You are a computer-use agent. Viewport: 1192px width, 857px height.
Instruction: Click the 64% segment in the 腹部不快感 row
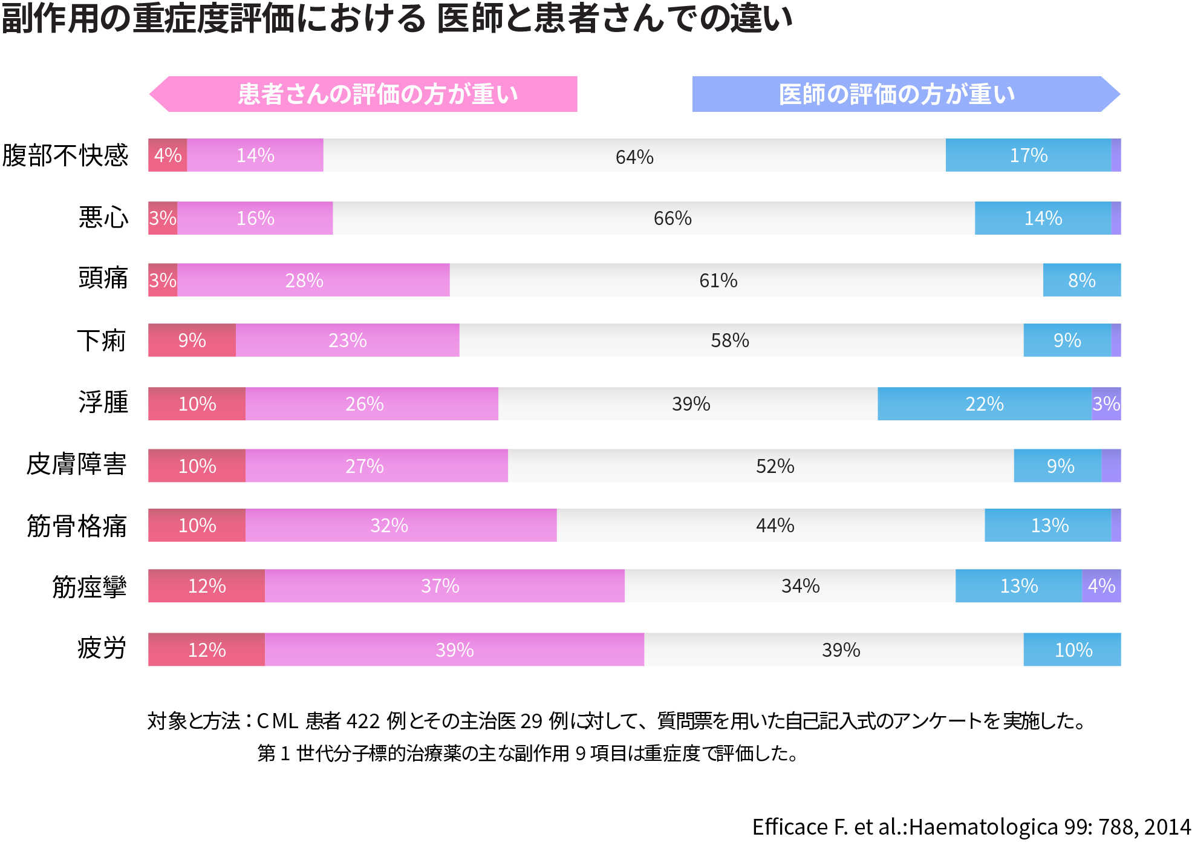(634, 155)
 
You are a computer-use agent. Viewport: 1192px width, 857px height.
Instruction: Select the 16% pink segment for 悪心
(255, 218)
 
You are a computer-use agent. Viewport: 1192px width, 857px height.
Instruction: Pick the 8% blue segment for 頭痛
(1081, 280)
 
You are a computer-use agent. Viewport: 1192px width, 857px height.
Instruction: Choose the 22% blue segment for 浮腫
(984, 403)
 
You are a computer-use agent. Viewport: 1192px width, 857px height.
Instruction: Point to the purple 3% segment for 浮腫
(1106, 403)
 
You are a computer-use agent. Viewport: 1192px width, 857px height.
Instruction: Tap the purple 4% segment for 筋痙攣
(1101, 585)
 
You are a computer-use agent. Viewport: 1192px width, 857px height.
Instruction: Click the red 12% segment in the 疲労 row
(206, 650)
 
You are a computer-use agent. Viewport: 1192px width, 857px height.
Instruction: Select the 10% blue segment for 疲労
(1072, 650)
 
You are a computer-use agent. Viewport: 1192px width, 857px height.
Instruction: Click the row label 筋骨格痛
(77, 526)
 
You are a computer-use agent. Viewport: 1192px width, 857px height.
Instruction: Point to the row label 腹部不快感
(65, 155)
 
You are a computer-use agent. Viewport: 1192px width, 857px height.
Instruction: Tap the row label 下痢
(102, 341)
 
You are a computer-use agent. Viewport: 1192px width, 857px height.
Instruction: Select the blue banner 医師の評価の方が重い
(898, 94)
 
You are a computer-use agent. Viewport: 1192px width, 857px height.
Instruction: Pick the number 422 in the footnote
(362, 721)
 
